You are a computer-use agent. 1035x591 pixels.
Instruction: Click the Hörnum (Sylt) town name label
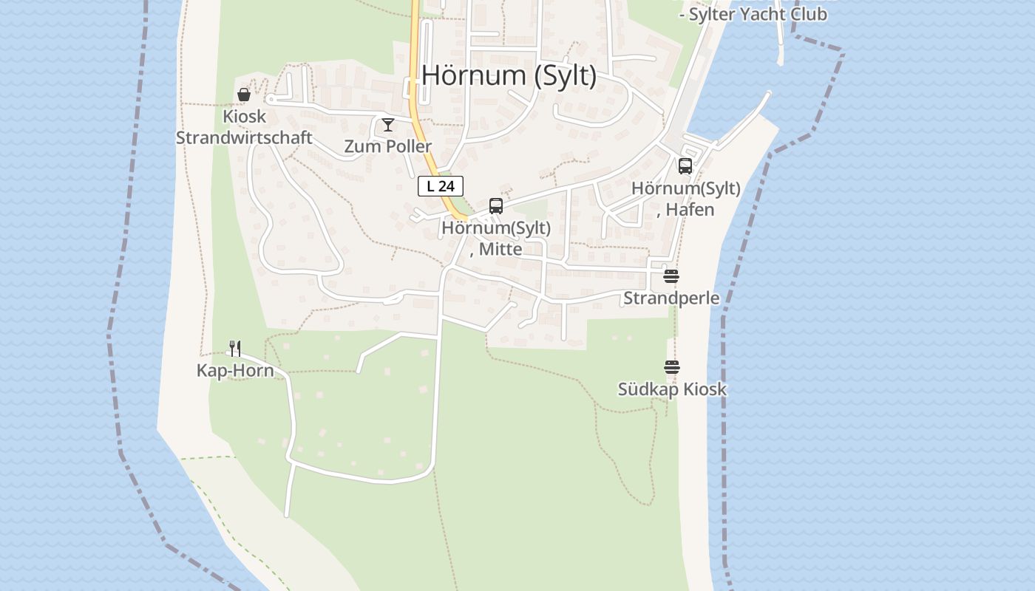(509, 75)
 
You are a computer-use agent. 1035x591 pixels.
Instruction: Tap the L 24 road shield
(441, 186)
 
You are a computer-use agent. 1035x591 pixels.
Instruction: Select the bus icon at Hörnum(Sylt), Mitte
(495, 206)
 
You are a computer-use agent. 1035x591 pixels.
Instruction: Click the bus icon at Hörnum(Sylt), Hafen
(685, 165)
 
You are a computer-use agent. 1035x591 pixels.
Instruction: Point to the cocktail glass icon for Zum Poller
(387, 125)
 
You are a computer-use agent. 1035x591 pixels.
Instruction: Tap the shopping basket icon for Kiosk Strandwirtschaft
(243, 95)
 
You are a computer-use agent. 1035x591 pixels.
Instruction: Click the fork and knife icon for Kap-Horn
(235, 348)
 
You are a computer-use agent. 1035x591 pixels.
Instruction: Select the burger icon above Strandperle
(671, 276)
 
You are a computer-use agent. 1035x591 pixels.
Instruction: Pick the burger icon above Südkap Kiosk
(671, 367)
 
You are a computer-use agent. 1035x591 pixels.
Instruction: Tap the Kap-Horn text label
(235, 371)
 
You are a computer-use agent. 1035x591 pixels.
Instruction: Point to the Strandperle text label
(671, 298)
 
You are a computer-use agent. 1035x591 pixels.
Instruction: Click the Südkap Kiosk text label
(672, 389)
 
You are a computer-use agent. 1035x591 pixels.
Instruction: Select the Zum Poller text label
(387, 146)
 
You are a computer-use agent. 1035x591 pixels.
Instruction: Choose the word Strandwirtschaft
(244, 138)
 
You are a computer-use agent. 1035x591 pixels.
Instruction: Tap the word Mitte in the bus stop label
(500, 249)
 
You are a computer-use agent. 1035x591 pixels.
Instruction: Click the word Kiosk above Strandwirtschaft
(244, 117)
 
